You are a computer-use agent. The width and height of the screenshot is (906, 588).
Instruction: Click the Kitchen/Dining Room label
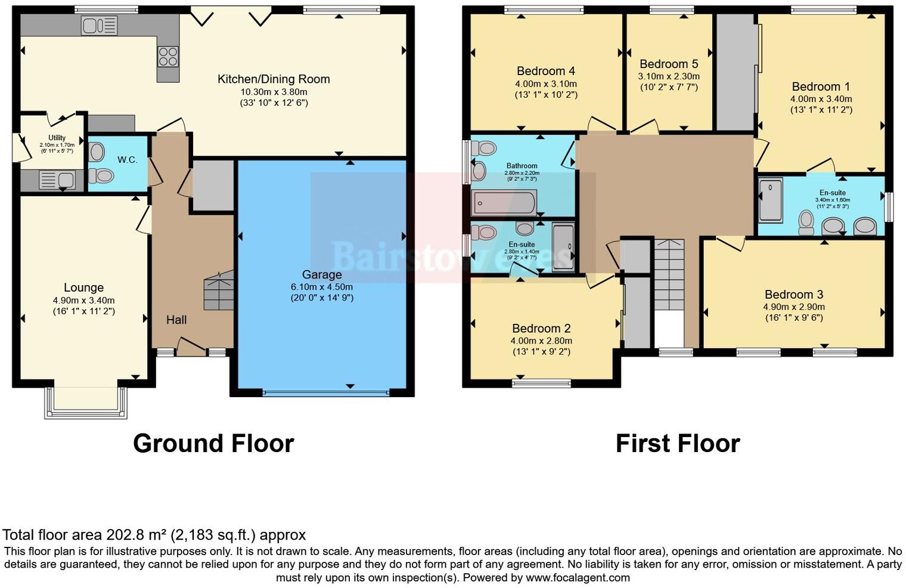coord(274,79)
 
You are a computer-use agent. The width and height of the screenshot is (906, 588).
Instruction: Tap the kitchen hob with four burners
coord(168,56)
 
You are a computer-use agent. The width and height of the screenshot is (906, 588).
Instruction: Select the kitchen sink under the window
coord(100,26)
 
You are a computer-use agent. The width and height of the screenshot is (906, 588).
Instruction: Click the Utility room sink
coord(57,180)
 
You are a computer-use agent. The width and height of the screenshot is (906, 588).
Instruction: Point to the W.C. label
coord(128,160)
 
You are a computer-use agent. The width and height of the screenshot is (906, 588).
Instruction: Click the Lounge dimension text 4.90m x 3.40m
coord(83,300)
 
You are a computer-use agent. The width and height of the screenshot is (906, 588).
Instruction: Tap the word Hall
coord(176,320)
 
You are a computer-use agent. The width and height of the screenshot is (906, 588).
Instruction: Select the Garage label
coord(322,274)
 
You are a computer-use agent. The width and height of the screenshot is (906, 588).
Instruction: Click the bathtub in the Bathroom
coord(504,203)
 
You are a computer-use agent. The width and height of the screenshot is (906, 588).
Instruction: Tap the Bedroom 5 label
coord(669,64)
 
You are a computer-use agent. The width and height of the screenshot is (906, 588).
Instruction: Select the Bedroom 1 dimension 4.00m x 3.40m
coord(821,99)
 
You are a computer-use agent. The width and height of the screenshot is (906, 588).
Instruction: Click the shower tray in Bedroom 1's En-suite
coord(771,200)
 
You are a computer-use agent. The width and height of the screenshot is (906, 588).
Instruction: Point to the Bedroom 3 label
coord(794,294)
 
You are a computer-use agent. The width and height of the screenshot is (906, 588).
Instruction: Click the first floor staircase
coord(669,274)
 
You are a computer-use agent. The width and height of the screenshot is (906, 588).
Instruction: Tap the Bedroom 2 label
coord(541,328)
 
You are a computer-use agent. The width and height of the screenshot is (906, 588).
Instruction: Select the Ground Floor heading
coord(213,444)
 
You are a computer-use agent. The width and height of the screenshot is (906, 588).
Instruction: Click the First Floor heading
coord(678,444)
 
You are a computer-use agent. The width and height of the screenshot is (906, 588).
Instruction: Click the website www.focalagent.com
coord(578,577)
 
